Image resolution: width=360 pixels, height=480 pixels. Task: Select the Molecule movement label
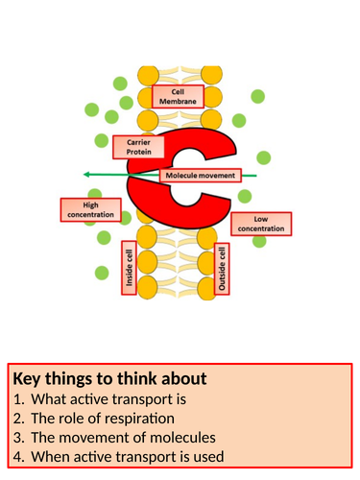[x=200, y=177]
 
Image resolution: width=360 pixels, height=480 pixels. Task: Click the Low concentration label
[x=261, y=225]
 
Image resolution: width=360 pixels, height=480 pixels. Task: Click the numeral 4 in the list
[x=15, y=456]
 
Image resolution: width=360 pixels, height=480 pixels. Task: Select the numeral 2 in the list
[x=15, y=418]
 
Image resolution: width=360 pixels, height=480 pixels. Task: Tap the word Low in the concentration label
[x=261, y=220]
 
